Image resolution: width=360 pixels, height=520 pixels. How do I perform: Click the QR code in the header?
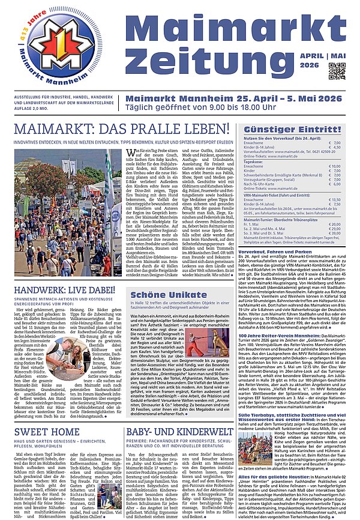coord(337,71)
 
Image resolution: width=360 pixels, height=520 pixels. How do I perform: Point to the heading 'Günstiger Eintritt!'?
coord(297,128)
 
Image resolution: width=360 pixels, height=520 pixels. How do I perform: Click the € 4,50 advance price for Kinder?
coord(334,147)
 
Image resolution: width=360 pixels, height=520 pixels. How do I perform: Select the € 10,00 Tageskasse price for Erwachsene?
coord(334,166)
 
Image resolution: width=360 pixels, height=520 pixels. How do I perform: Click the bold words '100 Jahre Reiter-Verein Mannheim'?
coord(274,335)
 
